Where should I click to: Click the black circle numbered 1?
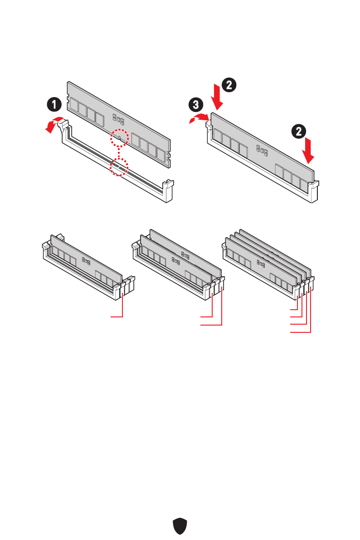[54, 105]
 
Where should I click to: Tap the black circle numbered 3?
[195, 105]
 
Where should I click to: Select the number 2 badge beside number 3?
[229, 84]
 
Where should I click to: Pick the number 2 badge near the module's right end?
[299, 132]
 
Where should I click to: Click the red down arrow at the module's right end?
[310, 151]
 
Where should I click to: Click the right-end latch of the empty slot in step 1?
[168, 190]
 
